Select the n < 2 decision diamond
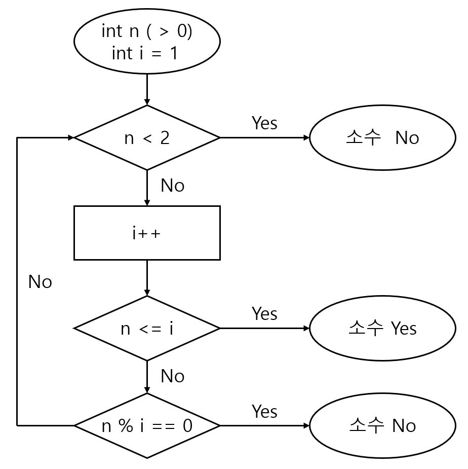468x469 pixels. coord(147,137)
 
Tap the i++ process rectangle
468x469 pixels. coord(147,233)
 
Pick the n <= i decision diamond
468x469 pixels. coord(147,329)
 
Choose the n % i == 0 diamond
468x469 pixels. coord(147,426)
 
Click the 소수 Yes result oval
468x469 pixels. coord(382,329)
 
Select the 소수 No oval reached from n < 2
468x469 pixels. coord(382,137)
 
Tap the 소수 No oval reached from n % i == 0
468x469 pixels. coord(382,426)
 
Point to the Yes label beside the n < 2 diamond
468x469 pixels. coord(264,123)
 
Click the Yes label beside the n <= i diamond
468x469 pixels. coord(264,314)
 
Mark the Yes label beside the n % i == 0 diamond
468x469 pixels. coord(264,411)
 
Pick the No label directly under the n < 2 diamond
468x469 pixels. coord(172,186)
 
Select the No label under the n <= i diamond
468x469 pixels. coord(172,377)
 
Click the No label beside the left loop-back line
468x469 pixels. coord(40,282)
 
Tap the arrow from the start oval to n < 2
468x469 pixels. coord(147,89)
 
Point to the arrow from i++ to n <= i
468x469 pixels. coord(147,278)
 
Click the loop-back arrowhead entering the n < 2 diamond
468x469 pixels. coord(70,137)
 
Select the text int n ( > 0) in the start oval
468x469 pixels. coord(147,31)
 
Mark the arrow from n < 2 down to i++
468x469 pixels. coord(147,188)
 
